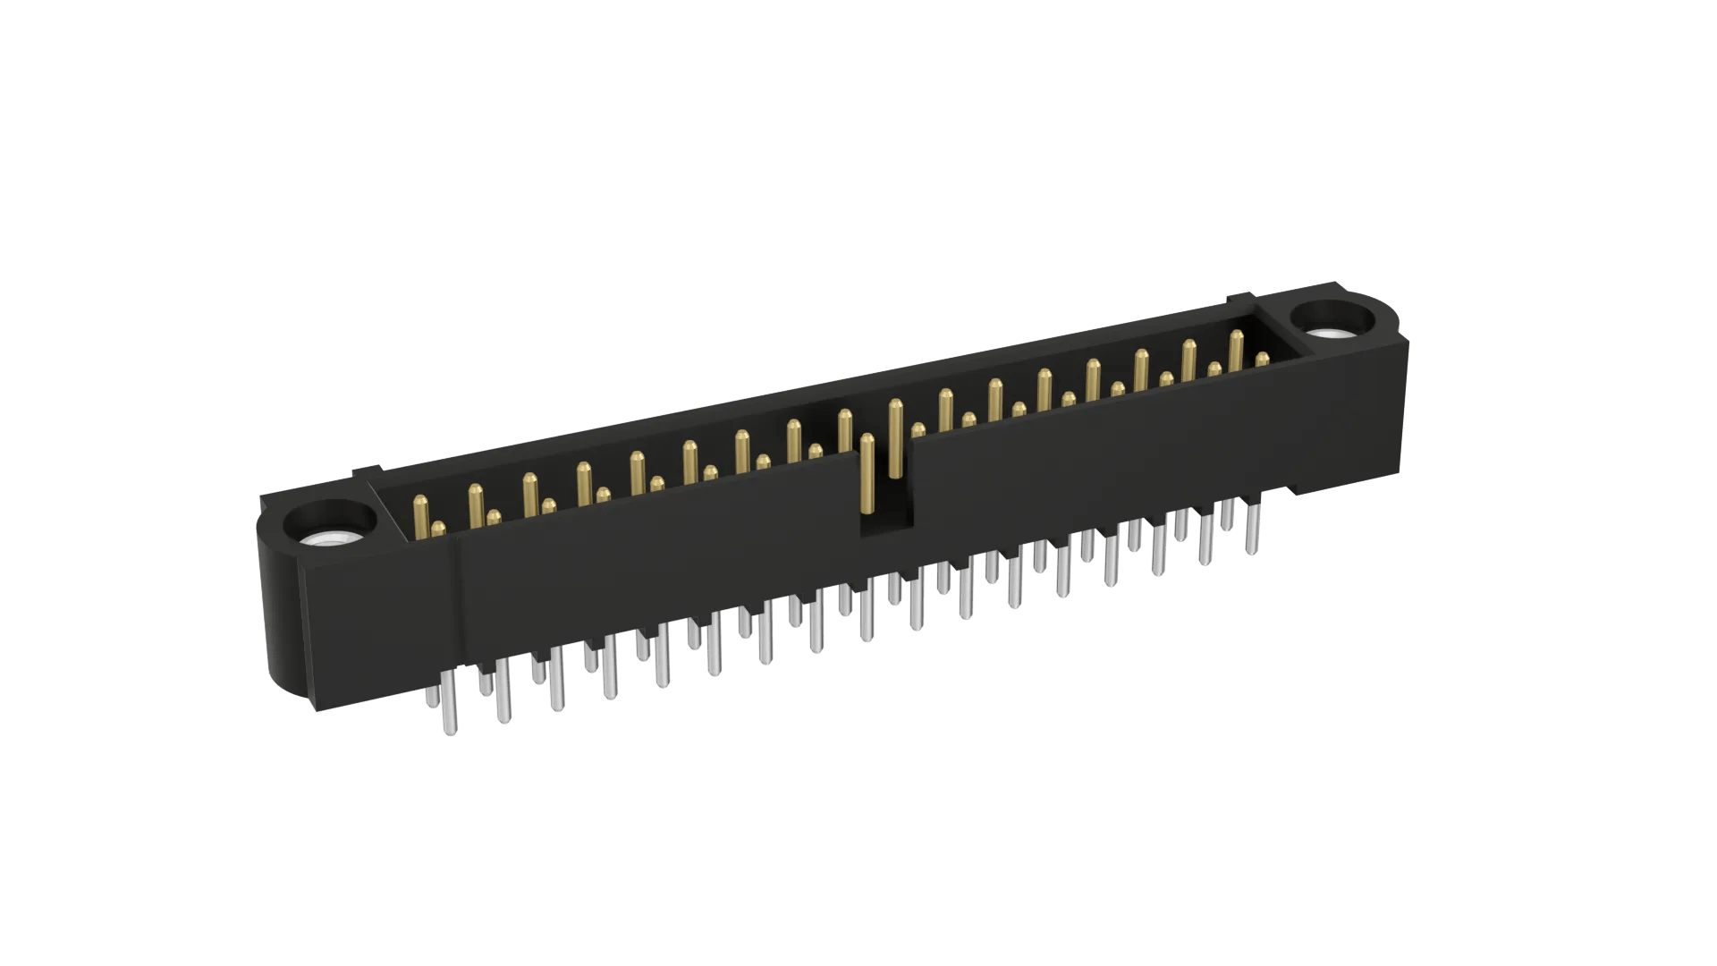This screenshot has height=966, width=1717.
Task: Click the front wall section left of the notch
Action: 653,572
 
